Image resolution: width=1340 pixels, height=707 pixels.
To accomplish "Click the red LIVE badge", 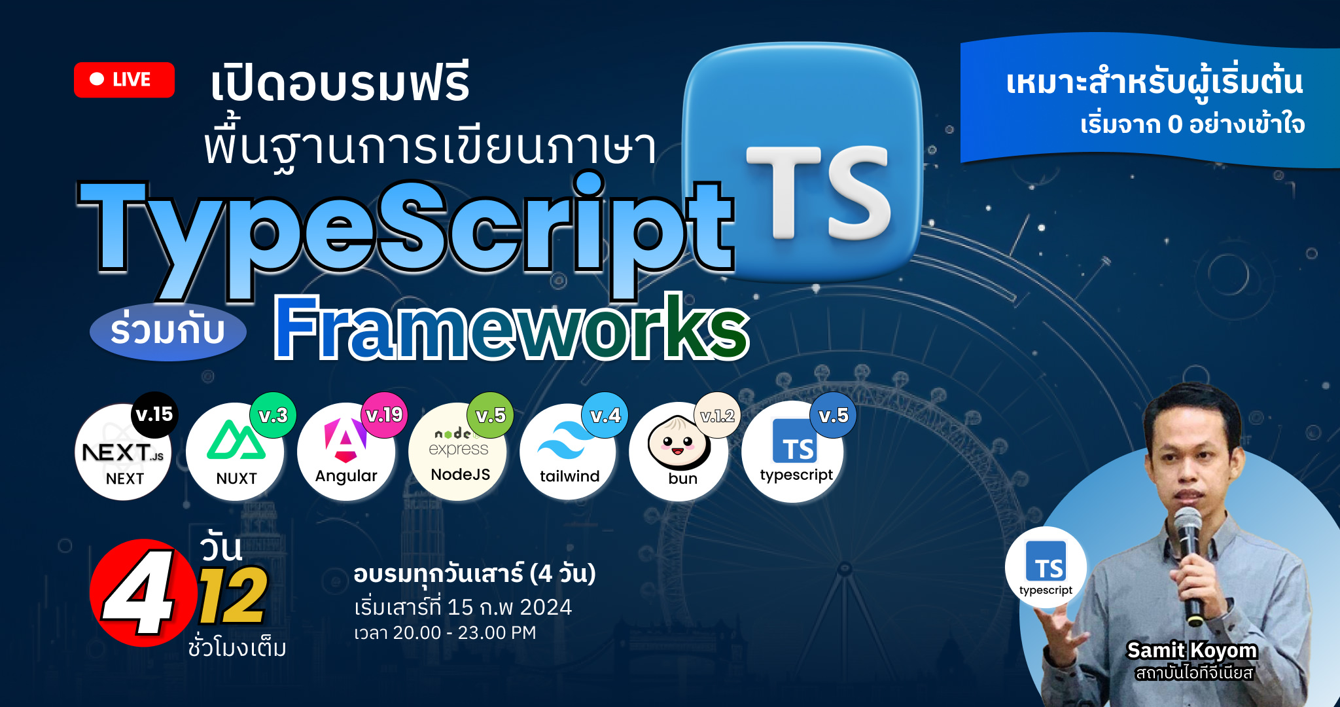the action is click(x=124, y=80).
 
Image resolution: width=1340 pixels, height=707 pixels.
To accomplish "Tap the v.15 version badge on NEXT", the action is click(x=154, y=414).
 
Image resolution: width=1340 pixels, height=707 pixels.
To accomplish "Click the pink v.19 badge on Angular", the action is click(x=384, y=415).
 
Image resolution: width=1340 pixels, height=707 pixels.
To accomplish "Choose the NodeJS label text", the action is click(x=461, y=475).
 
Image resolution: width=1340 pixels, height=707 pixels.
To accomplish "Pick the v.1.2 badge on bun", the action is click(x=718, y=415).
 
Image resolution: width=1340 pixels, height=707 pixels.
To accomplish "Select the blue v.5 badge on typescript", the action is click(x=834, y=415).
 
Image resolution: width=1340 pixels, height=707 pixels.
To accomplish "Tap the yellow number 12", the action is click(x=233, y=596).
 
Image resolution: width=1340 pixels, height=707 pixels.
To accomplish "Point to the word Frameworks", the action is click(x=512, y=327).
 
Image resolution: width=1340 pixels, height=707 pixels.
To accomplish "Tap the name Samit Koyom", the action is click(x=1191, y=650).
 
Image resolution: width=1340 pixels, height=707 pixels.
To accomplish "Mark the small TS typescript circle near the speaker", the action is click(x=1046, y=567).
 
